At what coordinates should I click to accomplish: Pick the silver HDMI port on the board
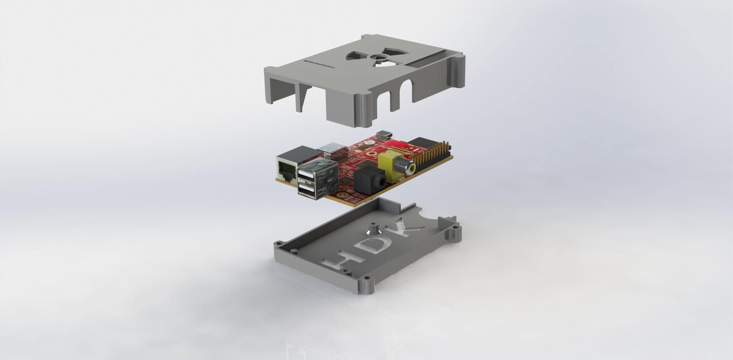[335, 150]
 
